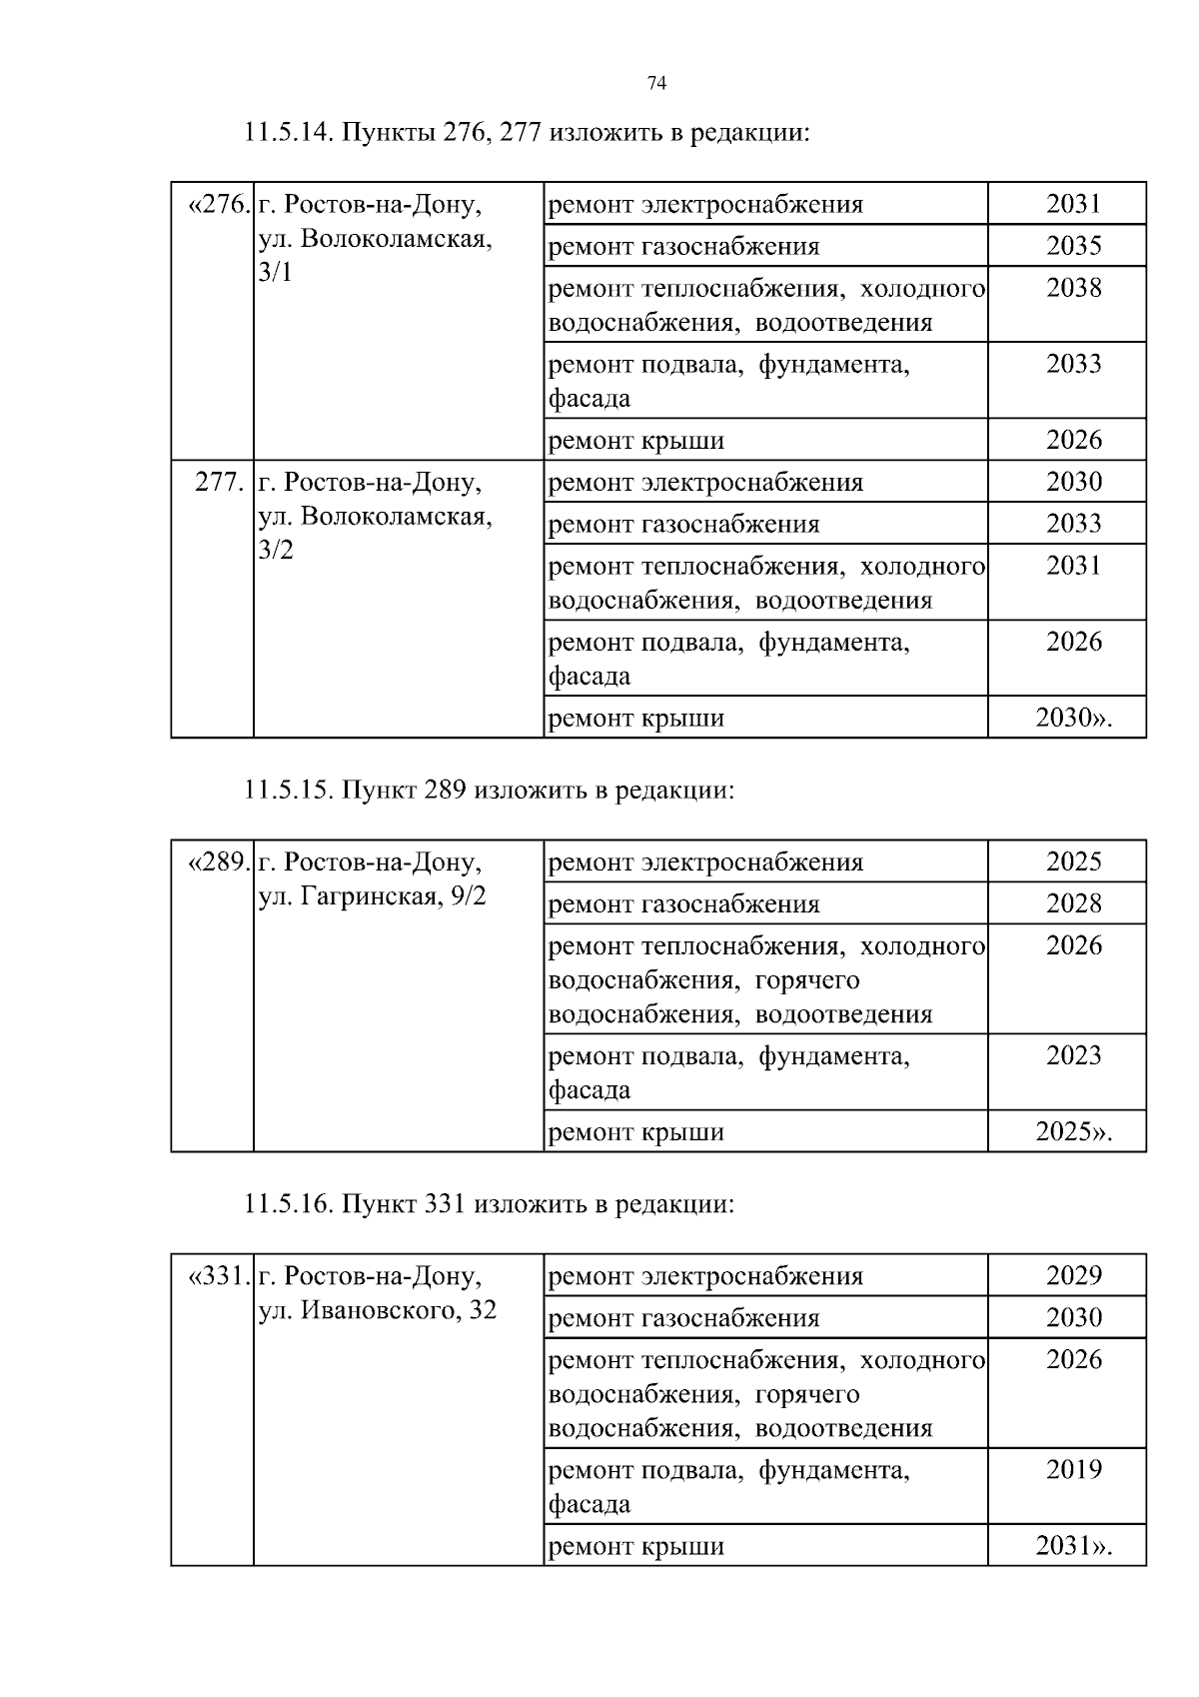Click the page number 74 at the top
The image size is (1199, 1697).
[x=656, y=84]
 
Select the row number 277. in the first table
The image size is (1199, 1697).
[x=219, y=483]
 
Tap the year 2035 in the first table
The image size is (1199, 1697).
[x=1073, y=246]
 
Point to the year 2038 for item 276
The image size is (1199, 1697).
[x=1073, y=288]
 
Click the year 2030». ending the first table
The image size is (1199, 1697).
[x=1073, y=718]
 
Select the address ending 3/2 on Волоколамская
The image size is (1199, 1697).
[x=276, y=551]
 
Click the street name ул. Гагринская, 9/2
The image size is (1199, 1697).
[x=372, y=896]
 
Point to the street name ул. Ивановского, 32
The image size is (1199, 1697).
[x=377, y=1310]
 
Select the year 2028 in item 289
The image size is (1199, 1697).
[x=1073, y=903]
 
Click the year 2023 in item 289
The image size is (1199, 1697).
[x=1073, y=1055]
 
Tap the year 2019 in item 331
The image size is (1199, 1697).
[x=1073, y=1469]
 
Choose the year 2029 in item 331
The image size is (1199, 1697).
[x=1073, y=1275]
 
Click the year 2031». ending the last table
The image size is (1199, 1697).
[x=1073, y=1546]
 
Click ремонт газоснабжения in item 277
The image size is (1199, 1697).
[x=684, y=525]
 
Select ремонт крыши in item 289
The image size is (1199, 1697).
[x=636, y=1132]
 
